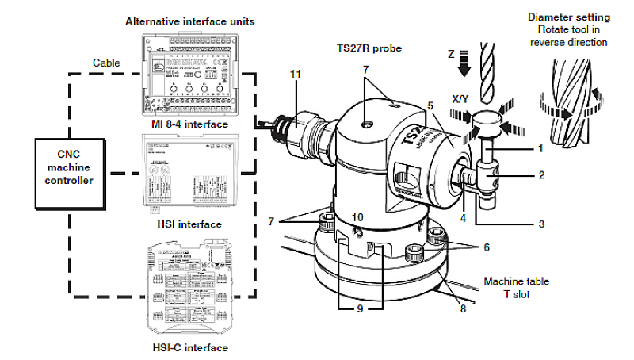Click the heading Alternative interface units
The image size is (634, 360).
(x=183, y=21)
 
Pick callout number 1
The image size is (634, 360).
(x=540, y=148)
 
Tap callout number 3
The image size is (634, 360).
(x=540, y=224)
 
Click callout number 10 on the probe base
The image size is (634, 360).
(x=357, y=216)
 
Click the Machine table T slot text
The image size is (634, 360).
(x=516, y=288)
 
